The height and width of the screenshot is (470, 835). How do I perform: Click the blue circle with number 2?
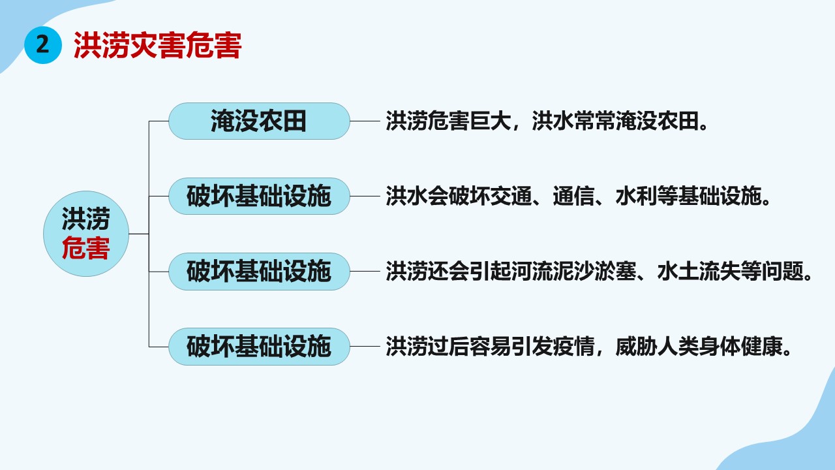[x=43, y=45]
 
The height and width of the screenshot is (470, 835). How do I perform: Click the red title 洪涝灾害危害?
[x=158, y=46]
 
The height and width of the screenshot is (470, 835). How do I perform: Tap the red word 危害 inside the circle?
[x=85, y=248]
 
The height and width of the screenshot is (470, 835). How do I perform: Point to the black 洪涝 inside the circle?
[x=85, y=219]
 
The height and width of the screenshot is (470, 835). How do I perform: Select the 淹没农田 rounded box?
[x=259, y=121]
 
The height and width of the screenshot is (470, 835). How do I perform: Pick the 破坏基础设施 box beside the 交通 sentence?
[x=259, y=196]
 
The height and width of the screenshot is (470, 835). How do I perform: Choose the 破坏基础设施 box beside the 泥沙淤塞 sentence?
[x=259, y=272]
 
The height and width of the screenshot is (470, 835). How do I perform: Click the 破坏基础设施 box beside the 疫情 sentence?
[x=259, y=347]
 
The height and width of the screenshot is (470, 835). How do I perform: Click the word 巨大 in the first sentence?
[x=490, y=121]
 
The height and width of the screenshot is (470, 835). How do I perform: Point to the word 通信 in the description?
[x=573, y=196]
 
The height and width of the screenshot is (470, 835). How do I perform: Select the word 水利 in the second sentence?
[x=636, y=196]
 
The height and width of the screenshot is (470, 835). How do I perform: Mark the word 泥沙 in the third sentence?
[x=573, y=271]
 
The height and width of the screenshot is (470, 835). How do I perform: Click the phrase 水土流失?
[x=699, y=271]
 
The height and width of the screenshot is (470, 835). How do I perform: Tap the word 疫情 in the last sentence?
[x=573, y=347]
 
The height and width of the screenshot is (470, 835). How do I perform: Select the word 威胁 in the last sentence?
[x=636, y=347]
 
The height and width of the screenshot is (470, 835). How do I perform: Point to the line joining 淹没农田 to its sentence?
[x=365, y=121]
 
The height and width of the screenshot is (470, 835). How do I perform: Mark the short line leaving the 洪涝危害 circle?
[x=139, y=234]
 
